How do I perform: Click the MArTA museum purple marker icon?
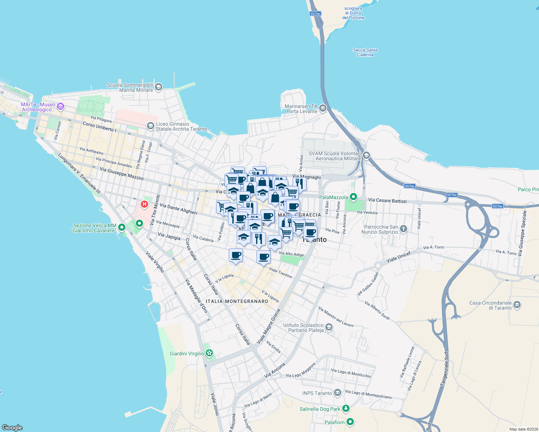click(x=61, y=106)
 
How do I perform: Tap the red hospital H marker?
click(x=144, y=204)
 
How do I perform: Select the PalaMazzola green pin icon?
click(x=353, y=197)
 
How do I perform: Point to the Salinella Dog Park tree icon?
click(x=346, y=408)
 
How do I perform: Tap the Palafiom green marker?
click(x=350, y=422)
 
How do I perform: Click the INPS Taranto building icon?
click(x=337, y=392)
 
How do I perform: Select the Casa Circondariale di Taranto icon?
click(x=517, y=305)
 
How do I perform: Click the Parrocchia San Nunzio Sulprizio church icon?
click(x=404, y=229)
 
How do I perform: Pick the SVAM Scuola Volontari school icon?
click(x=366, y=156)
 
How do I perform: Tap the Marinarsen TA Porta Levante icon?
click(x=322, y=108)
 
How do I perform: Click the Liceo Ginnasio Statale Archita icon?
click(x=150, y=126)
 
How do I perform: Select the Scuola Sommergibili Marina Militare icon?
click(x=159, y=87)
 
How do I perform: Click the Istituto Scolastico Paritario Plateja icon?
click(x=329, y=327)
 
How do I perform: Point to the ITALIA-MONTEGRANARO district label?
click(x=237, y=301)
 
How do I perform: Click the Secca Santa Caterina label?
click(x=365, y=53)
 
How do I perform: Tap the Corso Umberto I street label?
click(x=99, y=126)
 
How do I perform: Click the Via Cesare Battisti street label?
click(x=387, y=201)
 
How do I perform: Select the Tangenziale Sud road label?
click(x=445, y=369)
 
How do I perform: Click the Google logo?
click(x=12, y=427)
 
